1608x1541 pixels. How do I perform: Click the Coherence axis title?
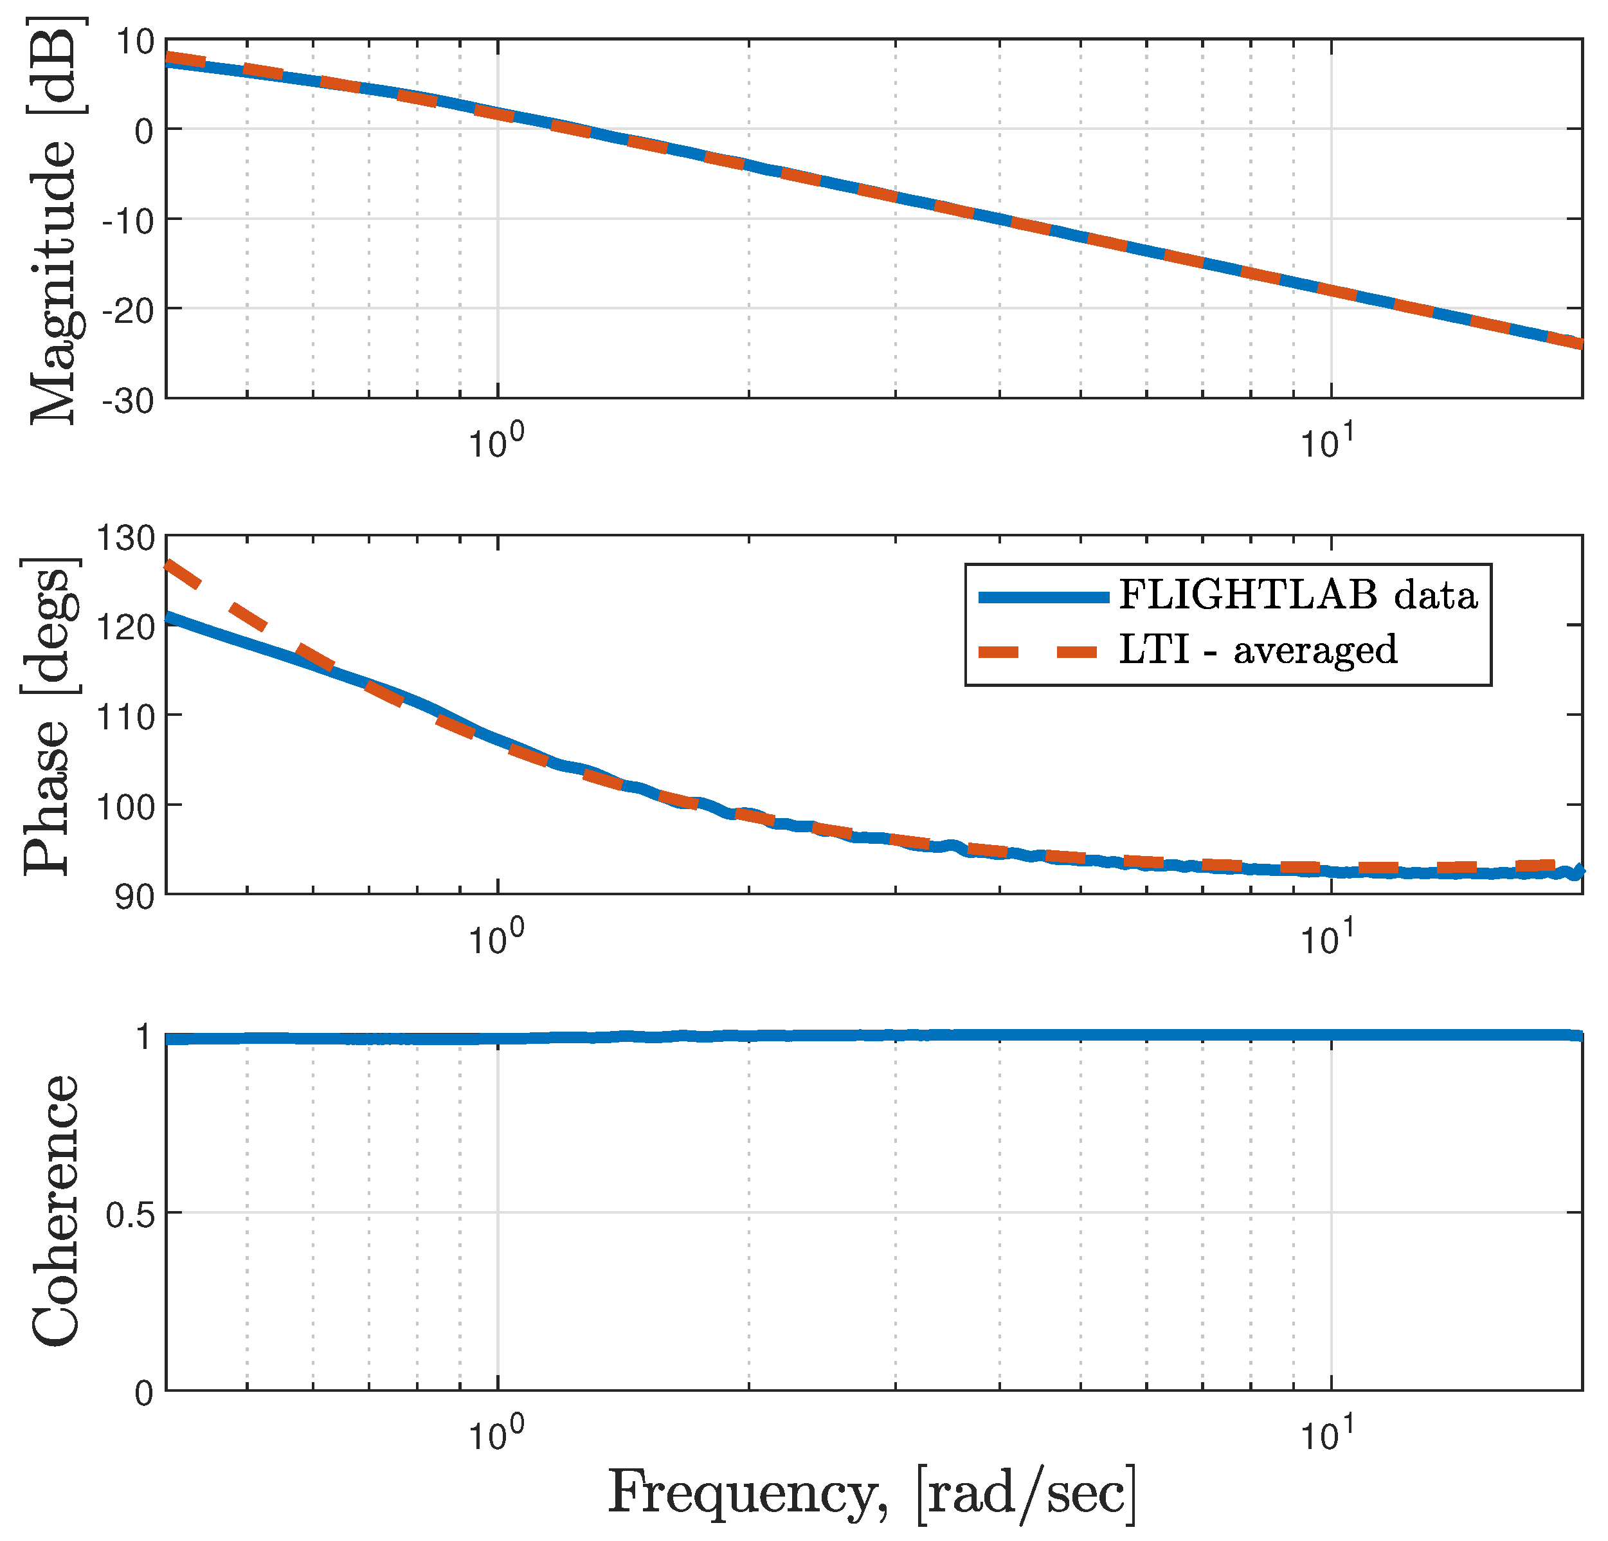coord(56,1210)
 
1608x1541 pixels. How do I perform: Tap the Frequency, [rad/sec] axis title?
coord(872,1491)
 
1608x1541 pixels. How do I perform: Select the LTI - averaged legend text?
coord(1257,650)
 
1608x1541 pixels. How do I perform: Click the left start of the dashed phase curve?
coord(169,565)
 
